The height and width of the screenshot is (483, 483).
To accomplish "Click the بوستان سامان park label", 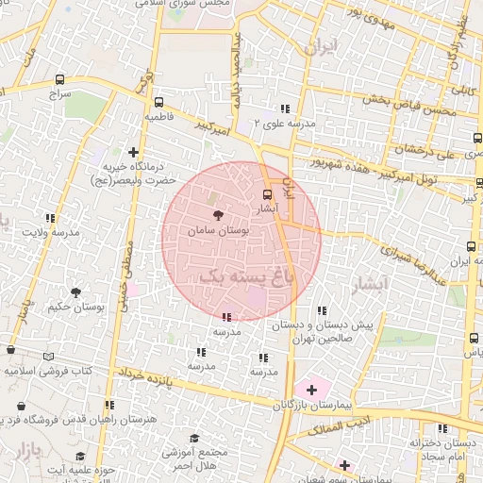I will (x=219, y=230).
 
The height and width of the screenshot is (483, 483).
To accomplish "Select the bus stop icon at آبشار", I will (x=267, y=194).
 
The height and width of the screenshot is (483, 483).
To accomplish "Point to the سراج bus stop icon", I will (x=61, y=80).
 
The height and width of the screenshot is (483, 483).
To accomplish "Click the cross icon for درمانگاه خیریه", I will (x=133, y=151).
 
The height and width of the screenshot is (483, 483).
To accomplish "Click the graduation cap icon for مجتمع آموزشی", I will (x=193, y=439).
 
